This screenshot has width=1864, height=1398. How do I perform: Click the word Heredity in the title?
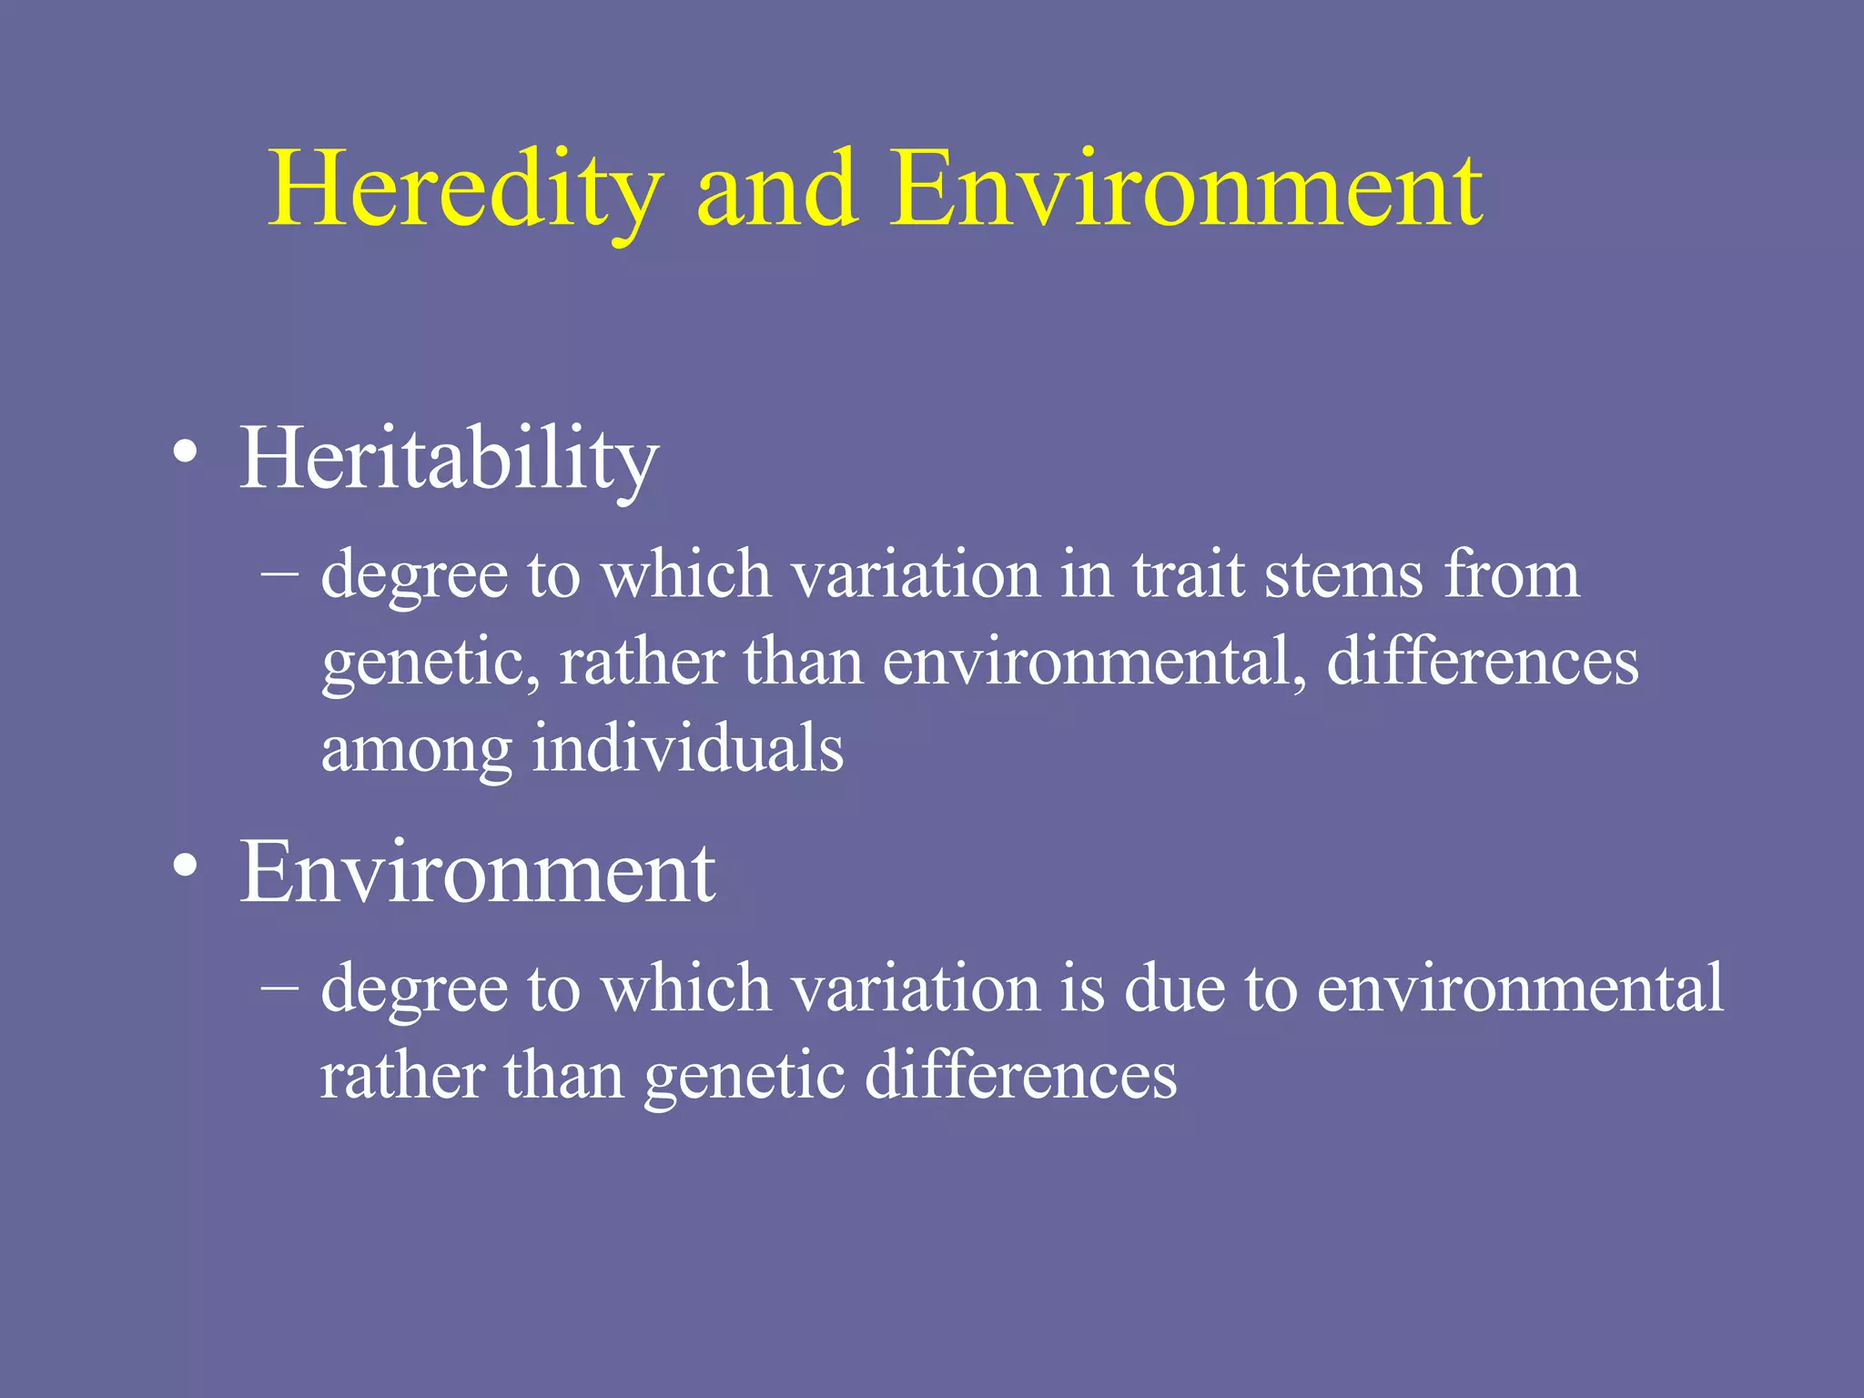coord(464,191)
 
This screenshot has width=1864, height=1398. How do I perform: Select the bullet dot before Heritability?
coord(186,452)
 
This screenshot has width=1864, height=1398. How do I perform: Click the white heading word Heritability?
coord(448,460)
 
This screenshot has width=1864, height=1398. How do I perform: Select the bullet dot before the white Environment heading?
coord(186,866)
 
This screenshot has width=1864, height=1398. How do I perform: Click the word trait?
coord(1188,575)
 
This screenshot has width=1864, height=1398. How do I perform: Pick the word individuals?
coord(688,748)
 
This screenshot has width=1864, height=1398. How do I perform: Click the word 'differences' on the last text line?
coord(1020,1075)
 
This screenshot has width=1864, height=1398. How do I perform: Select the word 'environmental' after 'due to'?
coord(1520,988)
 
